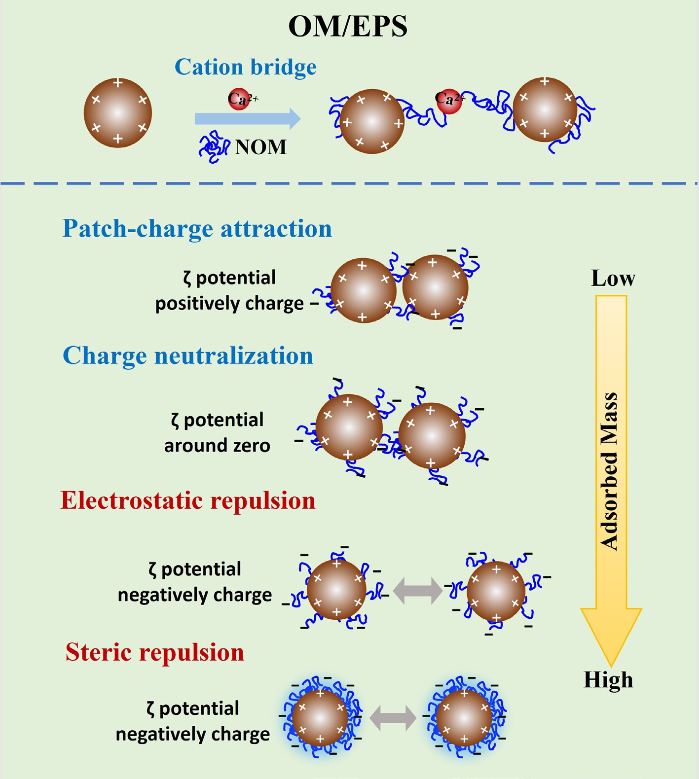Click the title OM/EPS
(348, 27)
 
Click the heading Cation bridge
(246, 67)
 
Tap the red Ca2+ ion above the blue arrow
(238, 100)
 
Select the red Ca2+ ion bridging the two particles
(448, 101)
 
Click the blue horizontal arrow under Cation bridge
(247, 119)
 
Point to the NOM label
(260, 147)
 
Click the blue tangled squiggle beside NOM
(214, 147)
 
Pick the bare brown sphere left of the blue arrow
(117, 113)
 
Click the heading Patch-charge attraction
(197, 229)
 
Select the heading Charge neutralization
(188, 356)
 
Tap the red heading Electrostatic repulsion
(188, 501)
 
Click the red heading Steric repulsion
(155, 652)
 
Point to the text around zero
(217, 446)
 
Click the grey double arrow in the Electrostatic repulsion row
(417, 591)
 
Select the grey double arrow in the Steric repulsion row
(393, 718)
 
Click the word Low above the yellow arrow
(613, 279)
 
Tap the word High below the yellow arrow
(608, 680)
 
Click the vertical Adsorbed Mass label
(610, 471)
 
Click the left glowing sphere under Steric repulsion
(321, 718)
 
